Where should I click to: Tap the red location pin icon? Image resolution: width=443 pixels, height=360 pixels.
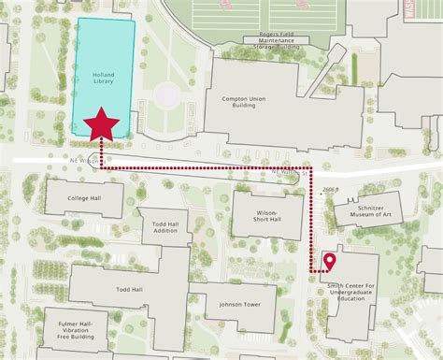click(x=330, y=263)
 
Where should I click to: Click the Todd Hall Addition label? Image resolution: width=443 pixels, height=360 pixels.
click(x=165, y=225)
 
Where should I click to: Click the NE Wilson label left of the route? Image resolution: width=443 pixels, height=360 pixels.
click(x=88, y=160)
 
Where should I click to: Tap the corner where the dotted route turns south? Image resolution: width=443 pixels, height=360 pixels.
click(x=312, y=171)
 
